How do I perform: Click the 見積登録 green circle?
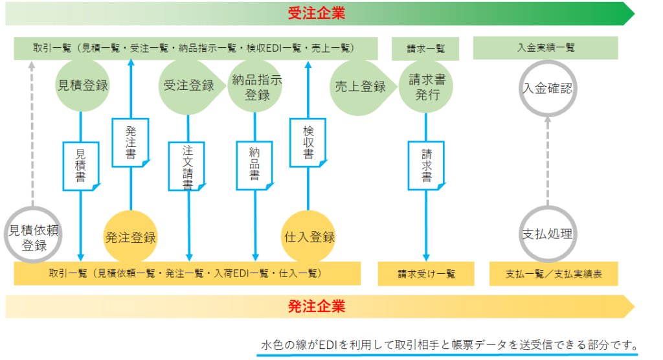click(82, 85)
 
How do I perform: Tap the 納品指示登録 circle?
click(255, 86)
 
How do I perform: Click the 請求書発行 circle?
click(426, 87)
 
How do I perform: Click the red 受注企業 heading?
click(317, 13)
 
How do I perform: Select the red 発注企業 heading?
click(317, 306)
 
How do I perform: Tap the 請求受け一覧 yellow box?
click(426, 274)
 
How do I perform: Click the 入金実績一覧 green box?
click(545, 48)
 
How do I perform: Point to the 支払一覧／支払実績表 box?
click(554, 274)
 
